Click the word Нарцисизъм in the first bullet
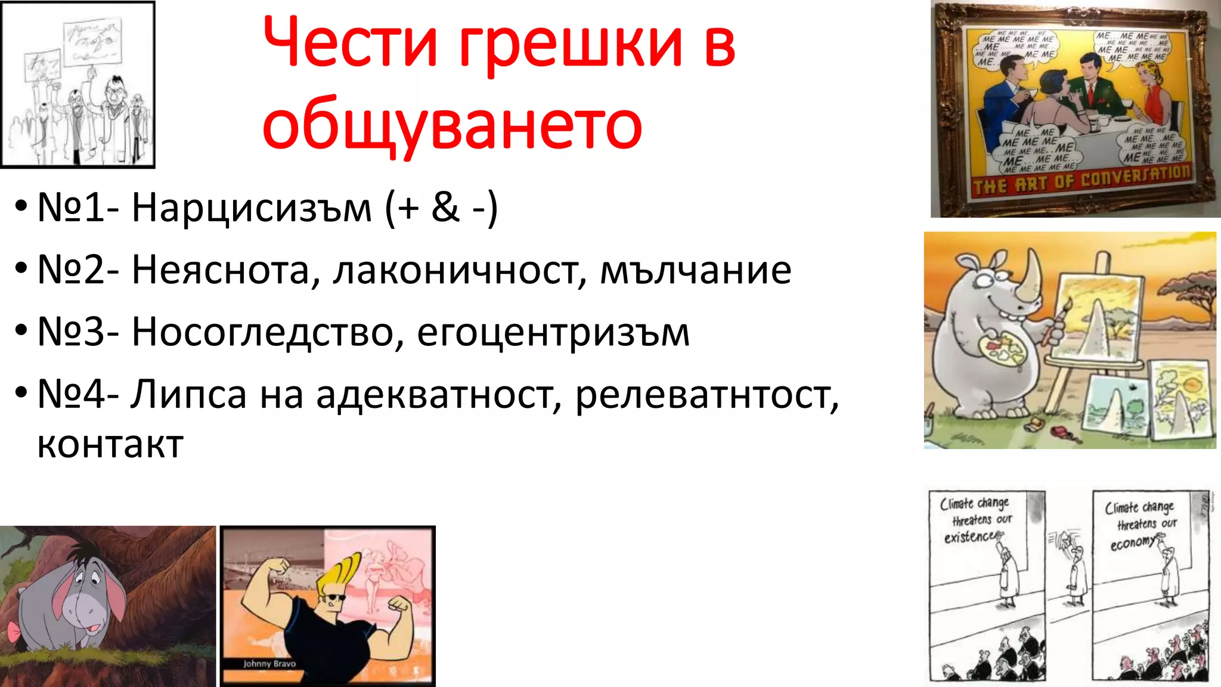(251, 208)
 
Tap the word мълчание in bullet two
(695, 270)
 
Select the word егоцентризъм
(553, 333)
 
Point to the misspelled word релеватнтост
(706, 395)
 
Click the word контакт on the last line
(110, 444)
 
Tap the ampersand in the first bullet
(445, 208)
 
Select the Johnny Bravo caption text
(269, 663)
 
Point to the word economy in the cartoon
(1133, 543)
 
